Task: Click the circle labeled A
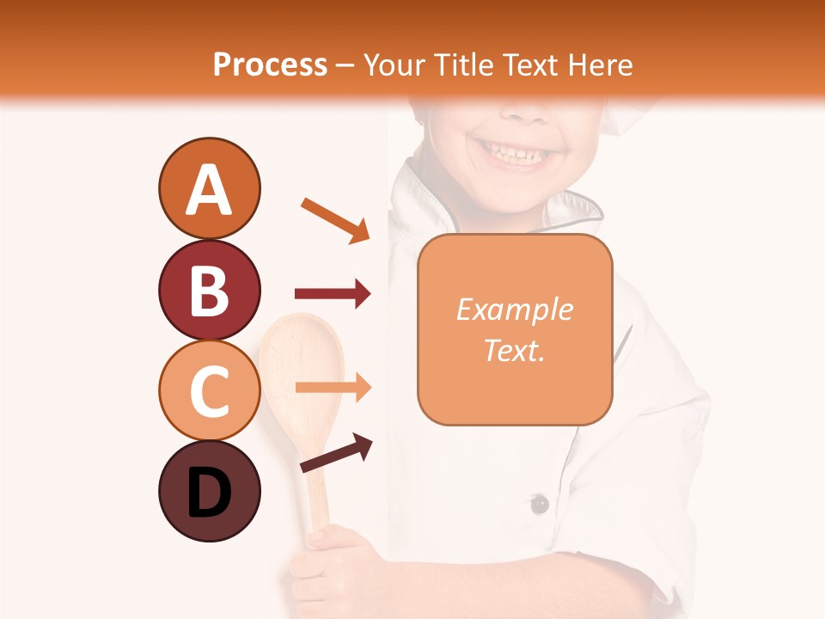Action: coord(209,188)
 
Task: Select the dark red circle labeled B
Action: coord(209,290)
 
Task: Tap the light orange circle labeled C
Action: coord(209,390)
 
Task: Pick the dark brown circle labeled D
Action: coord(209,491)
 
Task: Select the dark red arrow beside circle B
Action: coord(333,294)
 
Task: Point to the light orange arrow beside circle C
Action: coord(333,387)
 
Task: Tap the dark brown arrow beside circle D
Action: coord(336,453)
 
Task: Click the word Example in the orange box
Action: coord(514,309)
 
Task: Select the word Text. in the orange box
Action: coord(514,350)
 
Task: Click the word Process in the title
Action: coord(270,64)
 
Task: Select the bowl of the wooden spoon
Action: coord(302,361)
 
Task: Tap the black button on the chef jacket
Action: coord(539,504)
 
